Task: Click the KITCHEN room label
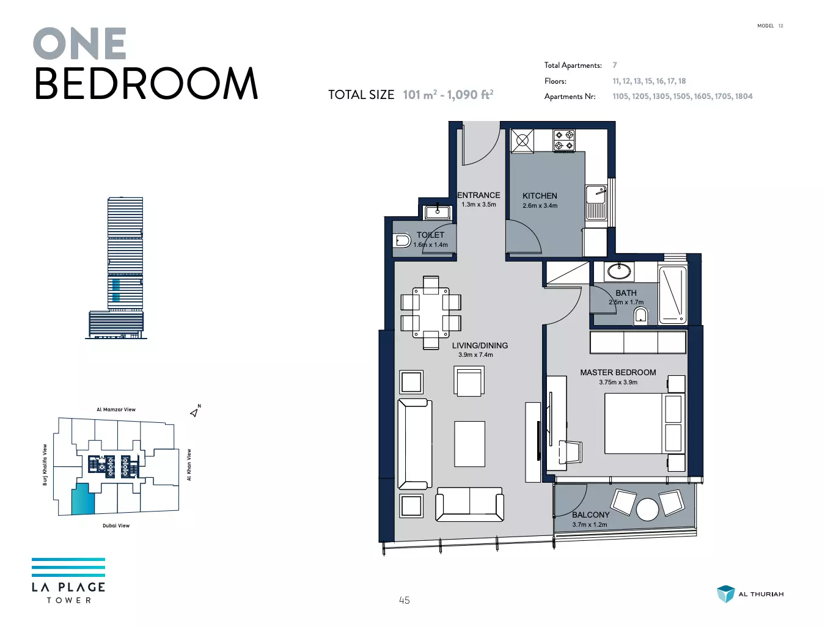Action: coord(540,196)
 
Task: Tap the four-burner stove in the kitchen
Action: coord(564,141)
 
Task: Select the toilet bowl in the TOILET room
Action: coord(402,241)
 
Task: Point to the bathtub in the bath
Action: coord(672,295)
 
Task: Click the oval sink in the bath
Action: coord(619,271)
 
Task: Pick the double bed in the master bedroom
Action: coord(645,424)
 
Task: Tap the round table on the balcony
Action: coord(647,510)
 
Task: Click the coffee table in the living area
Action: coord(469,444)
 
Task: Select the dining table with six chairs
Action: coord(431,313)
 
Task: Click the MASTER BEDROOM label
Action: coord(618,372)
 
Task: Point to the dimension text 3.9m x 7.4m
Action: coord(475,354)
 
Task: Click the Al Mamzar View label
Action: coord(116,409)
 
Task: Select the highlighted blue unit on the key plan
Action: coord(83,499)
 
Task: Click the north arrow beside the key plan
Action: coord(195,411)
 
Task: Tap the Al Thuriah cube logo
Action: coord(725,594)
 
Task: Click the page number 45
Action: coord(405,600)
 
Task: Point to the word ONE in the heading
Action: coord(79,43)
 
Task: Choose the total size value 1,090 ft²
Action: coord(470,95)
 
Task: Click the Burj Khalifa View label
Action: coord(45,464)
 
